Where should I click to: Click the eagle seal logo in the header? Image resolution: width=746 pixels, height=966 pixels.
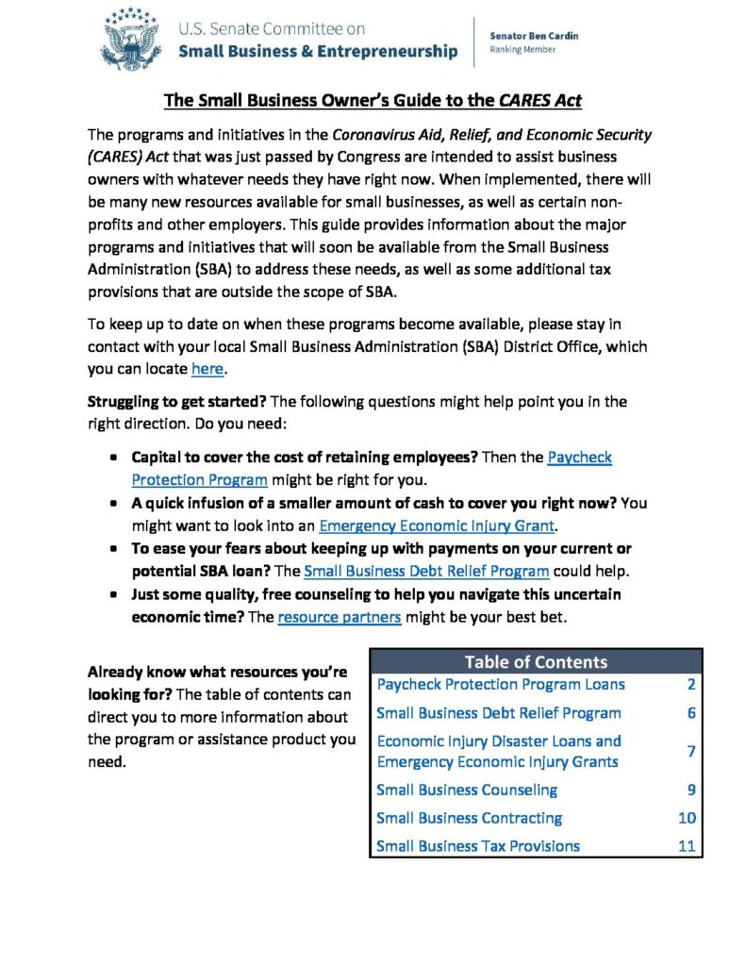click(x=132, y=41)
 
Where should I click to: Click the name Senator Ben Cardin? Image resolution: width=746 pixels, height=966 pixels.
click(x=534, y=36)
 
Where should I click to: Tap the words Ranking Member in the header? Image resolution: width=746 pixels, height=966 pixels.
click(x=522, y=50)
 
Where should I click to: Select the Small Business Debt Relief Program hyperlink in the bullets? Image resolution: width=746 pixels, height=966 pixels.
click(x=426, y=571)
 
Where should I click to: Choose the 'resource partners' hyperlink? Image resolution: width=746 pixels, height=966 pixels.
click(x=340, y=617)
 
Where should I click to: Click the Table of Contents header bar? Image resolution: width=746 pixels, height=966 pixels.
click(x=536, y=661)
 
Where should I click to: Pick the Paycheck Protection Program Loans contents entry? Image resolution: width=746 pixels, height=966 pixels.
click(x=500, y=684)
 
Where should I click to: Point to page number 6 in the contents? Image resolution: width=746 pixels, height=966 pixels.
click(x=691, y=713)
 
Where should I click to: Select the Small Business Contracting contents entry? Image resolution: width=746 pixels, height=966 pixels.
click(x=469, y=818)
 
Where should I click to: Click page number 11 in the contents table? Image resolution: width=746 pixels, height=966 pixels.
click(x=687, y=846)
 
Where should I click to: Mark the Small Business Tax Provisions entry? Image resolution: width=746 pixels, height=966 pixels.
click(x=477, y=846)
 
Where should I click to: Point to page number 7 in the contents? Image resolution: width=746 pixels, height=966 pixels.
click(x=691, y=751)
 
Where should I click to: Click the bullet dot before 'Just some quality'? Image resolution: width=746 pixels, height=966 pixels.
click(x=112, y=595)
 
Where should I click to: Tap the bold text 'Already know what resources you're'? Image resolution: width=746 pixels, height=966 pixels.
click(x=218, y=673)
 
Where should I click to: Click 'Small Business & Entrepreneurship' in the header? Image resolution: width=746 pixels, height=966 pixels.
click(x=318, y=51)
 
